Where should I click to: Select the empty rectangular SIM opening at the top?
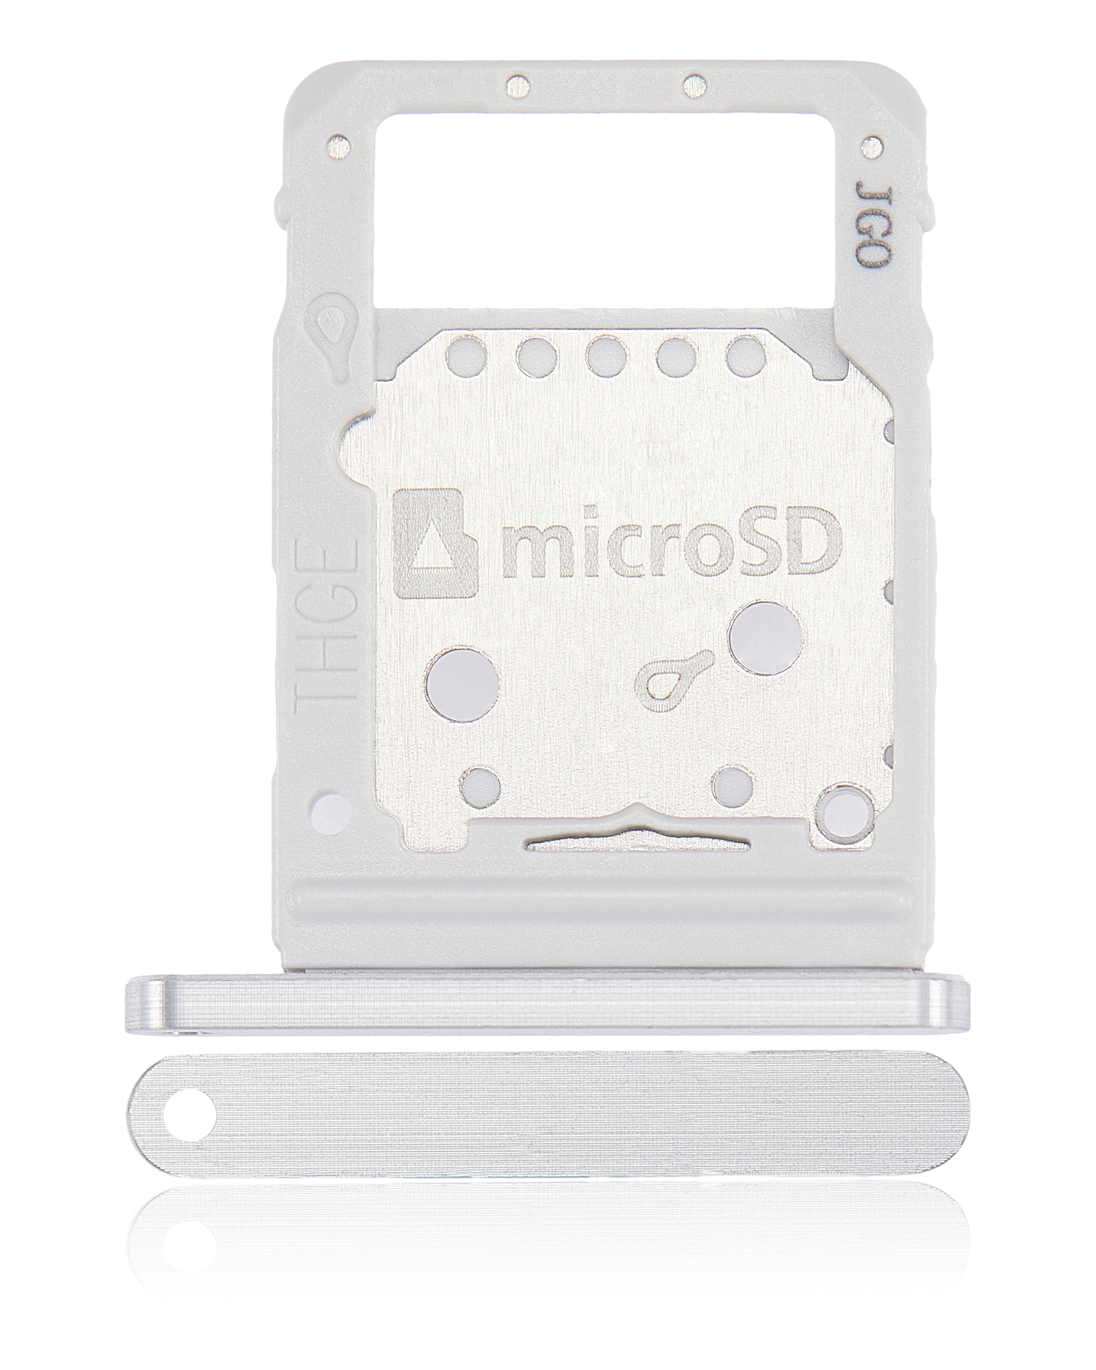pyautogui.click(x=610, y=210)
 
